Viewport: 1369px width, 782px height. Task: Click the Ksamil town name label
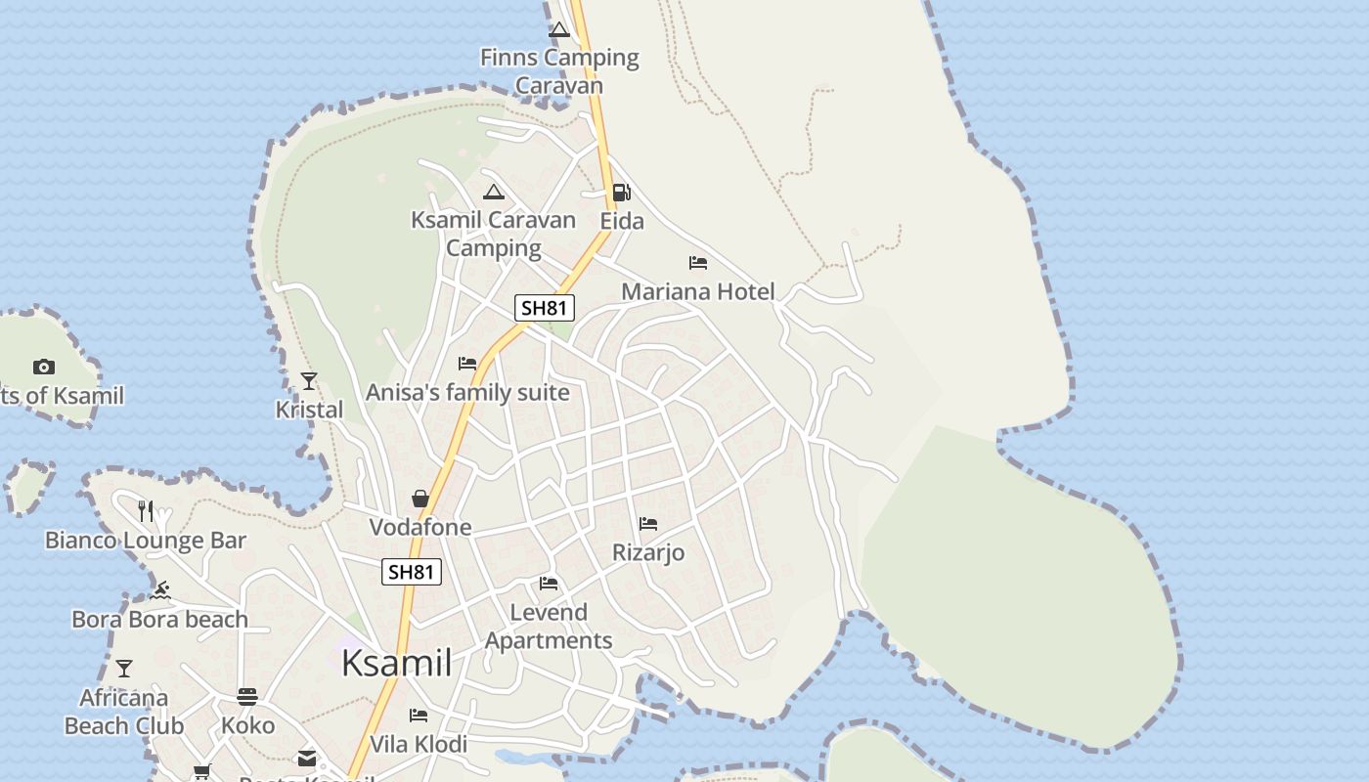tap(396, 663)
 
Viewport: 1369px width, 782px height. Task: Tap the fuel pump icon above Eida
tap(621, 193)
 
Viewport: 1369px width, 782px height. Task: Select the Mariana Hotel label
tap(697, 291)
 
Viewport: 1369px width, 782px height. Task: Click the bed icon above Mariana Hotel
tap(698, 263)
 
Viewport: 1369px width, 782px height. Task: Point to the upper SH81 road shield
tap(545, 308)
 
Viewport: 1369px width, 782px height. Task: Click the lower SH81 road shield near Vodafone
tap(412, 572)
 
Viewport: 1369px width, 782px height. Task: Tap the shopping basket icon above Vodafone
tap(420, 499)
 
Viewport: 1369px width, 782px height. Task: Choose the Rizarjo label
tap(648, 552)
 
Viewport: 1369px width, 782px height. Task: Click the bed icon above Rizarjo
tap(648, 524)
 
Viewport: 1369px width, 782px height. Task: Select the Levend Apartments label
tap(549, 627)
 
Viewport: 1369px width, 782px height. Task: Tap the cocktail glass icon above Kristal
tap(309, 381)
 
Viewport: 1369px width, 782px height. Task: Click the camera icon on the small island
tap(44, 368)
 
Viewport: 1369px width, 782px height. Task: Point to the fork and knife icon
tap(146, 510)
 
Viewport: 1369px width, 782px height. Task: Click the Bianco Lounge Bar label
tap(146, 540)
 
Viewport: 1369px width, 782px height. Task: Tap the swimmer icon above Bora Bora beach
tap(161, 590)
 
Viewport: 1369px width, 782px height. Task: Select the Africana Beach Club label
tap(124, 712)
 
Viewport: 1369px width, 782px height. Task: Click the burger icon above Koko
tap(247, 697)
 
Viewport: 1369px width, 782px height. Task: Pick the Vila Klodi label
tap(419, 744)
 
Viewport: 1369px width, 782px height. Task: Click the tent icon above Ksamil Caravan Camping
tap(494, 192)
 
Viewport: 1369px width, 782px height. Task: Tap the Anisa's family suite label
tap(467, 392)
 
